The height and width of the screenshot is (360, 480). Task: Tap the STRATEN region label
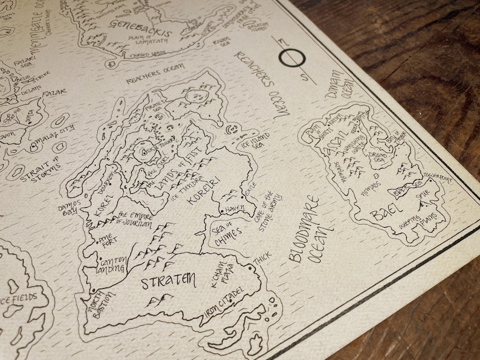click(x=169, y=280)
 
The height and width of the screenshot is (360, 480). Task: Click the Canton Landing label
click(x=111, y=265)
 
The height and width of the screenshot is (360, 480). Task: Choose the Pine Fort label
click(x=109, y=237)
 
